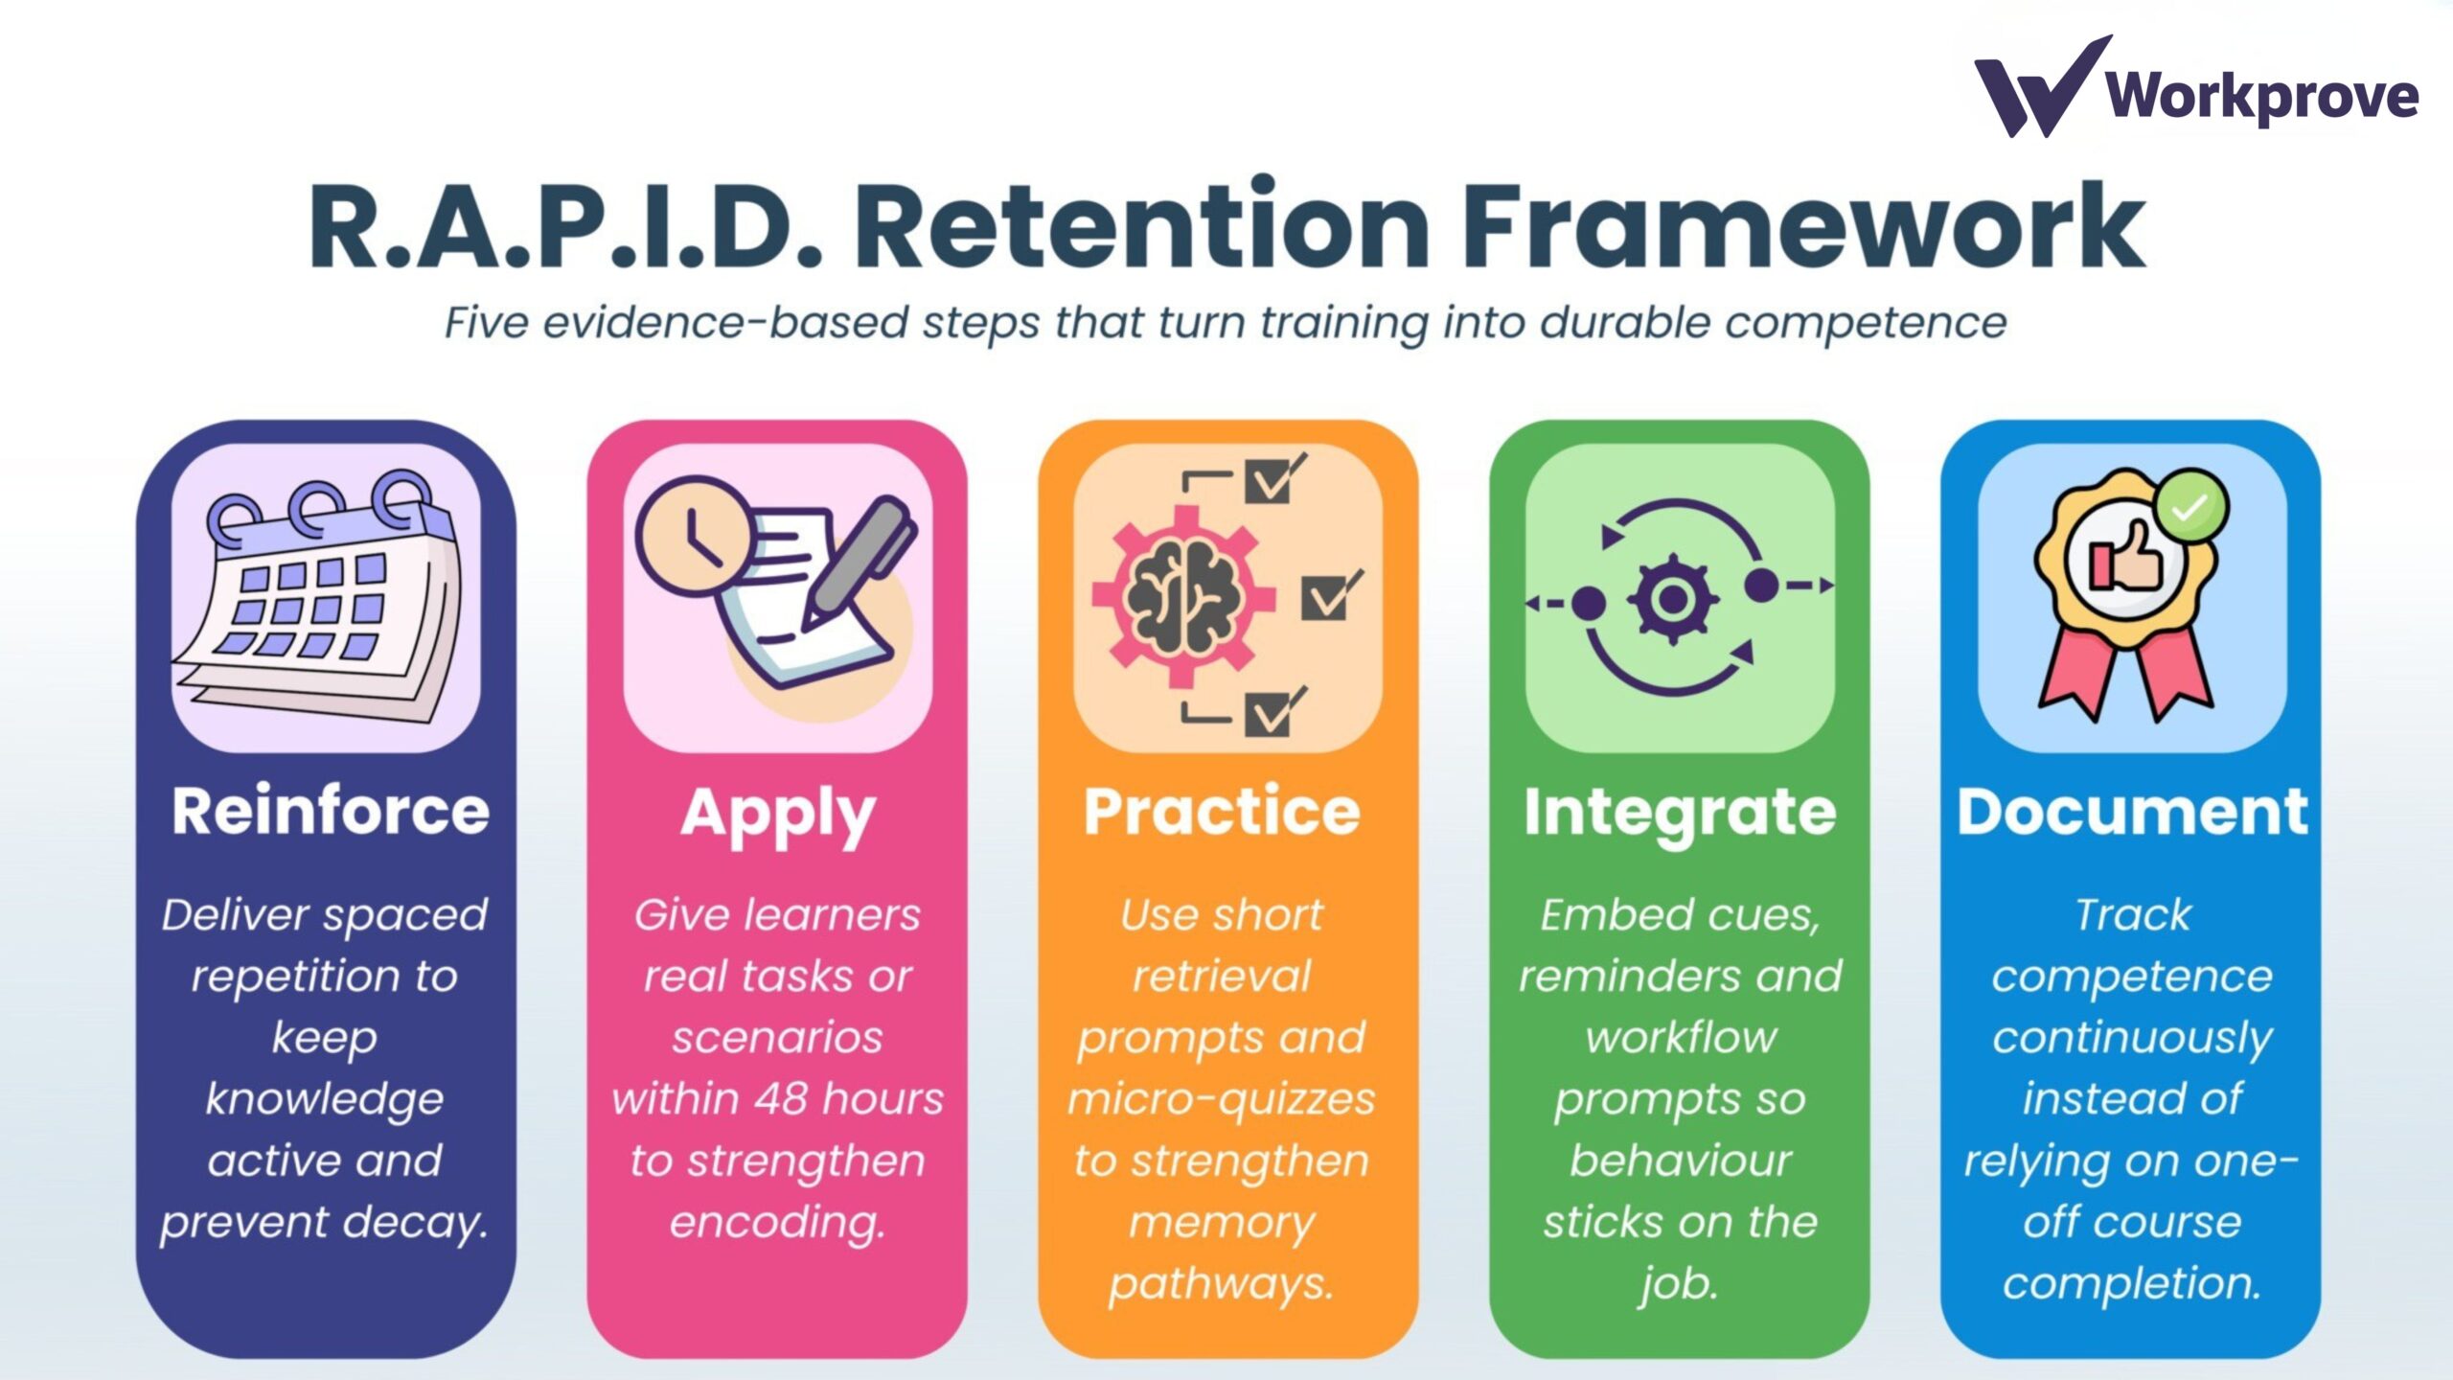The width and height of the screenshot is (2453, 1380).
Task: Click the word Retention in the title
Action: click(x=1141, y=226)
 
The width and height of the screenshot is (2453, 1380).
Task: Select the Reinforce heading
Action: click(x=331, y=811)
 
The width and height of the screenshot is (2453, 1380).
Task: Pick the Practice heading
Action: click(x=1222, y=811)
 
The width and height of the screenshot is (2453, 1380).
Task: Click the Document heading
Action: click(x=2132, y=812)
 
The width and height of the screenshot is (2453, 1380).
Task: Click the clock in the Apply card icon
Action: click(x=696, y=535)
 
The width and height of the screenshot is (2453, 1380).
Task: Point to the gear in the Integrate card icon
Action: click(x=1672, y=599)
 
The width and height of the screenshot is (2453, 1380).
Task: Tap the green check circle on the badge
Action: click(x=2191, y=508)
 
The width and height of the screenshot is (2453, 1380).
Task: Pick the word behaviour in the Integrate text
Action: click(x=1680, y=1161)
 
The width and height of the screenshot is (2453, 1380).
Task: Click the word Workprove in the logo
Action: click(x=2262, y=96)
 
